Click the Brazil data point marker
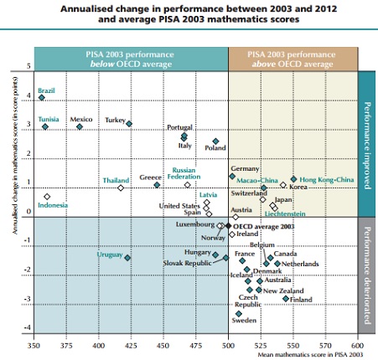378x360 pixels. coord(42,98)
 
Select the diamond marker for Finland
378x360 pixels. coord(286,299)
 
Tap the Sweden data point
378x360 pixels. coord(238,314)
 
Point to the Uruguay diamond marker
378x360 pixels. coord(127,258)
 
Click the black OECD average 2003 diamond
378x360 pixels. coord(228,226)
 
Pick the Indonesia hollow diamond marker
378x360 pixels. coord(47,197)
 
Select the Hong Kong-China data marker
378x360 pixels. coord(293,179)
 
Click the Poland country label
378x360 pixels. coord(215,148)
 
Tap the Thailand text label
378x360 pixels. coord(116,181)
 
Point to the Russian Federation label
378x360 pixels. coord(184,173)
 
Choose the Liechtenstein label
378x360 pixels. coord(285,213)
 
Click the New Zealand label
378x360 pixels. coord(283,291)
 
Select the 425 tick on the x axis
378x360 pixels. coord(131,346)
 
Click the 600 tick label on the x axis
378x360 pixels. coord(357,346)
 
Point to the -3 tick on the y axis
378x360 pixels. coord(27,299)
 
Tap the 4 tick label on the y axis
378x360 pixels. coord(28,95)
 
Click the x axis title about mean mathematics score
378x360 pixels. coord(310,355)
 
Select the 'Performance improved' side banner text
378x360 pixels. coord(367,146)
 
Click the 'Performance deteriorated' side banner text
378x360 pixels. coord(367,275)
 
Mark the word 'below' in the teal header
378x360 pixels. coord(102,64)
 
